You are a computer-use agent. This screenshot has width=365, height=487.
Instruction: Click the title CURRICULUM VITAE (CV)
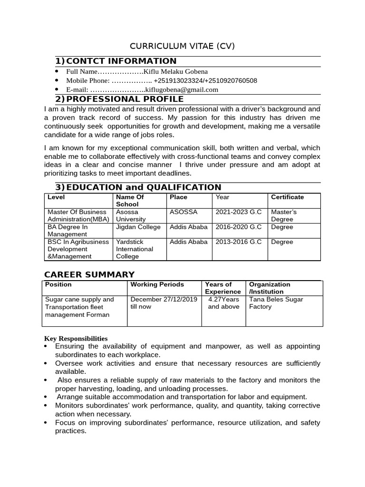pyautogui.click(x=182, y=46)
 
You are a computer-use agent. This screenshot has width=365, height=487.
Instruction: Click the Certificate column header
pyautogui.click(x=287, y=197)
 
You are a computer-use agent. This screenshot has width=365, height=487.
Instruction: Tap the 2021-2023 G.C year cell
pyautogui.click(x=239, y=212)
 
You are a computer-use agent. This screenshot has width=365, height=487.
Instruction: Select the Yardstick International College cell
pyautogui.click(x=134, y=249)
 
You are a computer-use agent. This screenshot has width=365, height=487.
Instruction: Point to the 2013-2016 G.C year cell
pyautogui.click(x=239, y=242)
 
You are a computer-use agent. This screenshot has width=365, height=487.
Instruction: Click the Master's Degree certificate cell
pyautogui.click(x=283, y=215)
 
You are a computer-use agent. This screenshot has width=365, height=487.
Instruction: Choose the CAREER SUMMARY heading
pyautogui.click(x=89, y=274)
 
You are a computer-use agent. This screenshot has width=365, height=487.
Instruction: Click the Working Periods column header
pyautogui.click(x=157, y=284)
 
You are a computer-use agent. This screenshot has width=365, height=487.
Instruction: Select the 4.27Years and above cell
pyautogui.click(x=223, y=303)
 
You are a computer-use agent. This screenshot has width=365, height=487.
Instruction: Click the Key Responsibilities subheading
pyautogui.click(x=76, y=338)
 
